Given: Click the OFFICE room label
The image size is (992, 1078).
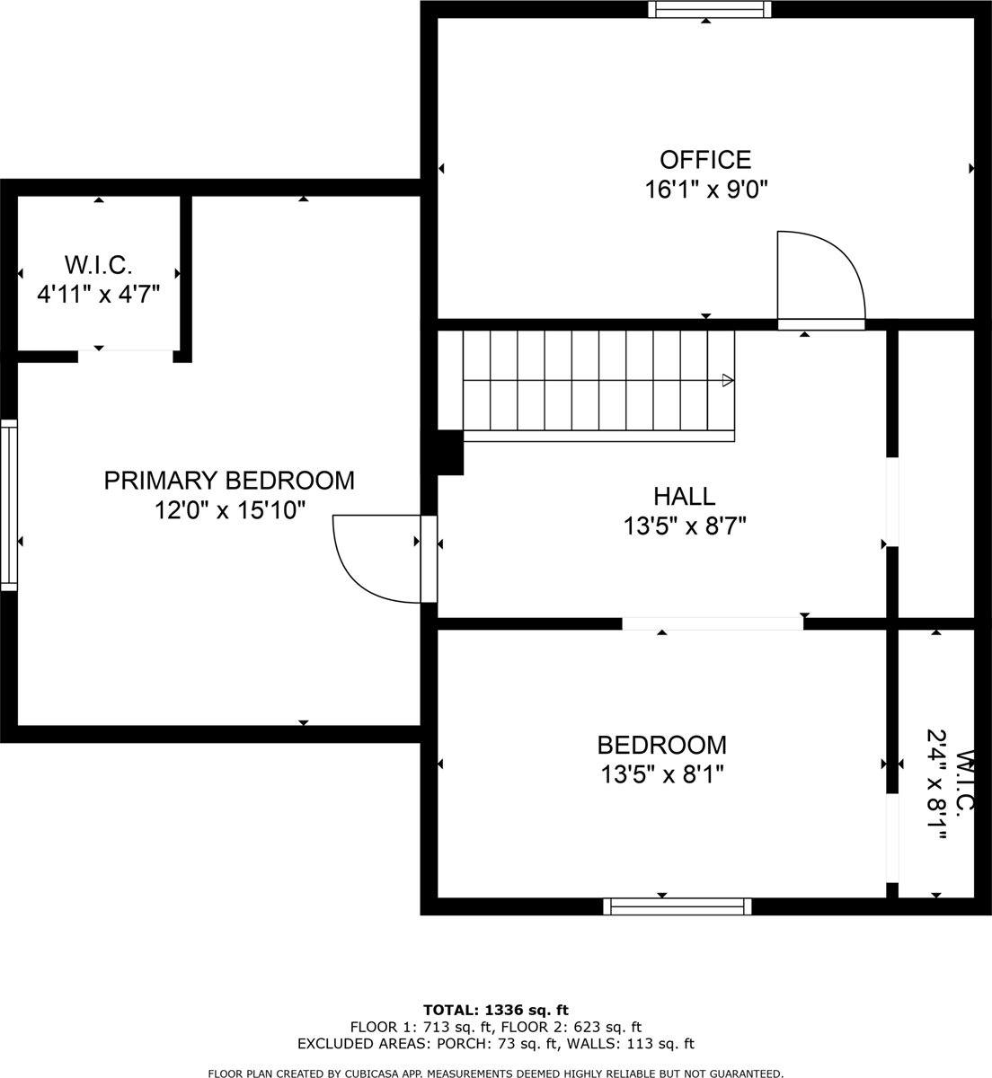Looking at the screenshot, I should [x=705, y=160].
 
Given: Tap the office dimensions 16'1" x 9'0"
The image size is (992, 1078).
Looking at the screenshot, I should [x=705, y=190].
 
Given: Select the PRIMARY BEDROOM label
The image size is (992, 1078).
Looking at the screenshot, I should [x=229, y=481].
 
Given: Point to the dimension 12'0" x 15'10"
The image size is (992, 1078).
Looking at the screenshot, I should [x=229, y=510].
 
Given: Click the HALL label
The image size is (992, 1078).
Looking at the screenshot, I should [x=685, y=496].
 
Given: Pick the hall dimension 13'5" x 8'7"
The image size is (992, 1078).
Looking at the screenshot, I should [x=685, y=526].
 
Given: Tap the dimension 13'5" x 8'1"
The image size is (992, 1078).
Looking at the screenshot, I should [x=662, y=773].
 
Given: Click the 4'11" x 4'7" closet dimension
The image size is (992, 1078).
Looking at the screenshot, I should [x=98, y=294].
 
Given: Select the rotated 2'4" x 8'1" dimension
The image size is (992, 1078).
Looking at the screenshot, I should [x=937, y=785].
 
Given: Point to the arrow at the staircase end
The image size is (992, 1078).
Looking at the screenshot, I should [x=727, y=381].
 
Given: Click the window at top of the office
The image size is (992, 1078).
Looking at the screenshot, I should [x=711, y=9].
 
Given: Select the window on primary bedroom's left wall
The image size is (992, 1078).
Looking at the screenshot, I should [x=8, y=504].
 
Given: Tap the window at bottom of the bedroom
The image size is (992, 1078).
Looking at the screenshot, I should [x=678, y=906].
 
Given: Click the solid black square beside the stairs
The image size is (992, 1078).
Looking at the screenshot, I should [x=449, y=453].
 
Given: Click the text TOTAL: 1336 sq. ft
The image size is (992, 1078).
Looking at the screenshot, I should [x=496, y=1010].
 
